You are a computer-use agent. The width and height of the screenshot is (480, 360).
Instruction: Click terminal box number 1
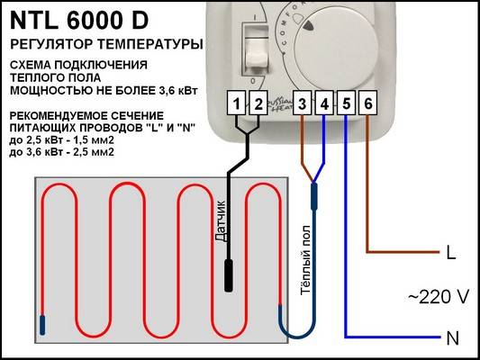236,103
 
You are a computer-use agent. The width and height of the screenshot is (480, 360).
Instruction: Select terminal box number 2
258,103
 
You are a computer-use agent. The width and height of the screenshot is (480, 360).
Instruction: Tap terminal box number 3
303,103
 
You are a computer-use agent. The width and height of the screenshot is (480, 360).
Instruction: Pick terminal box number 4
324,103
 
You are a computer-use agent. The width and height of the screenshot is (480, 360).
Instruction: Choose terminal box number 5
346,103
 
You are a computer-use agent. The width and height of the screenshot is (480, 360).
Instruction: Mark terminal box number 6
367,103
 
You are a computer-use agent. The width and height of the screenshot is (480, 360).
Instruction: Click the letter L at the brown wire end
451,253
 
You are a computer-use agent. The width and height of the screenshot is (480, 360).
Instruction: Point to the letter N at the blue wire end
453,338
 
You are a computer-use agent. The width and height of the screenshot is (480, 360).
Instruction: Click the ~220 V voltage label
439,297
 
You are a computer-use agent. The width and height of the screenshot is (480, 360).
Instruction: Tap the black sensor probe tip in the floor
229,275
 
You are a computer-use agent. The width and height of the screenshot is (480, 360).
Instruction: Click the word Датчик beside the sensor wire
221,221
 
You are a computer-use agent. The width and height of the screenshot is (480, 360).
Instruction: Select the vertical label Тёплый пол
305,260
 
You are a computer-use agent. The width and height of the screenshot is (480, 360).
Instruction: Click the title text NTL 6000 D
79,21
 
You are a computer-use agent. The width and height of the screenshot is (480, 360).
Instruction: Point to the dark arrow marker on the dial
309,26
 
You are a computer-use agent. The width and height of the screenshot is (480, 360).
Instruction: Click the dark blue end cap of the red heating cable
42,325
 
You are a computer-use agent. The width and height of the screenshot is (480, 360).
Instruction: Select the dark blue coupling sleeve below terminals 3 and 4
313,197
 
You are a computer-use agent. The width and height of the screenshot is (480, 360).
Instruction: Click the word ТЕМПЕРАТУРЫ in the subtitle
150,44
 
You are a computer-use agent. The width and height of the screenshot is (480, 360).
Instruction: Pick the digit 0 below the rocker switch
253,81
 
